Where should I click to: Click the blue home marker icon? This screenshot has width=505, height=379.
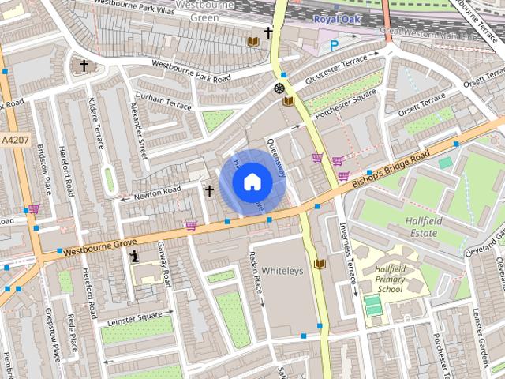point(251,182)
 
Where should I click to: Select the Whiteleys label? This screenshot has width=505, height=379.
point(282,270)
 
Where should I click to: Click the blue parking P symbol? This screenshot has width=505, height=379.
point(334,46)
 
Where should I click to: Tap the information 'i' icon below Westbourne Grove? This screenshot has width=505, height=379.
point(135,255)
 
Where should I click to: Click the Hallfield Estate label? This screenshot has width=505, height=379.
point(427,227)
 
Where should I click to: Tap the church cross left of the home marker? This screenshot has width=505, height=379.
point(209,190)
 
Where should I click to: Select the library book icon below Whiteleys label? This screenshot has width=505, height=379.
point(319,263)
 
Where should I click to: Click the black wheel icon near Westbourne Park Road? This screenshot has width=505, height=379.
point(279,88)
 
